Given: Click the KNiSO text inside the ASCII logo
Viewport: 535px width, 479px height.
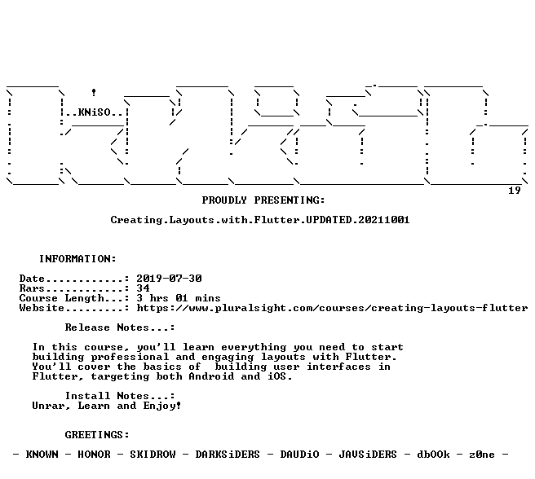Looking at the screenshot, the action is coord(94,112).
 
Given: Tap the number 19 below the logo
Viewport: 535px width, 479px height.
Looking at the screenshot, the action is coord(514,191).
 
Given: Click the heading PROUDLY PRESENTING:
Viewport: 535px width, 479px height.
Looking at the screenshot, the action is coord(263,200).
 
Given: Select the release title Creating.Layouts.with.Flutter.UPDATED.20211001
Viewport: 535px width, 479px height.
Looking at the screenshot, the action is coord(260,220).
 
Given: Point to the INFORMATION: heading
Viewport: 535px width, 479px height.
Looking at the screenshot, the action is coord(77,259).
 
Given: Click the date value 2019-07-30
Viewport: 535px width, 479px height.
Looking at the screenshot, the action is coord(170,279).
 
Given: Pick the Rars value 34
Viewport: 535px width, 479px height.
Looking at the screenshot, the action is coord(143,288).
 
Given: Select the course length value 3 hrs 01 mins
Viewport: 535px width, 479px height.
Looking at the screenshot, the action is coord(179,298).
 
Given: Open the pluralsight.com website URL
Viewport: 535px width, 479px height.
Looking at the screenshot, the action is coord(332,308).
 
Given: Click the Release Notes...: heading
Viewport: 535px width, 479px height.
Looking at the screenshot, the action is coord(120,327).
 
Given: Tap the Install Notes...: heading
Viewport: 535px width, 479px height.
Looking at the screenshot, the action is coord(120,396).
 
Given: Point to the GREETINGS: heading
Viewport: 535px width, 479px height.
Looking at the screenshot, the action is coord(97,435).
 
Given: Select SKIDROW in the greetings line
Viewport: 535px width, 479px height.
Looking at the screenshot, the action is coord(153,455).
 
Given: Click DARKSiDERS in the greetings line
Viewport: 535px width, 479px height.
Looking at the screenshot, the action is coord(228,455).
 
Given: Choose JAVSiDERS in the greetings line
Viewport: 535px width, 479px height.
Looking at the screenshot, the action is coord(368,455).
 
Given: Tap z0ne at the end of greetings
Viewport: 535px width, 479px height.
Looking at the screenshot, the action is coord(482,455).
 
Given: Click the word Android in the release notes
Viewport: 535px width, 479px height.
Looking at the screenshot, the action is coord(211,376).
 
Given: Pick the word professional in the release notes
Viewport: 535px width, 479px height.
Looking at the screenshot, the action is coord(130,358).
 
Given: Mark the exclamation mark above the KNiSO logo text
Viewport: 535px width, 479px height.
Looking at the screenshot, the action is coord(94,92).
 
